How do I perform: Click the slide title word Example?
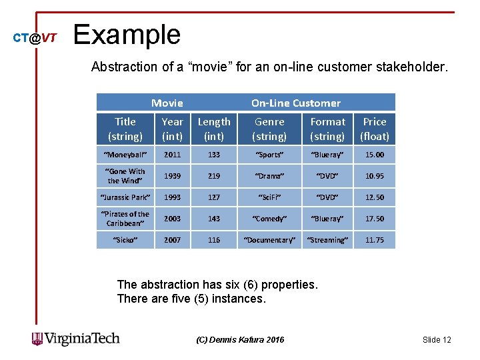tap(127, 35)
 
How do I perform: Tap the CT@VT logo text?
tap(35, 38)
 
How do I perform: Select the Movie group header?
tap(167, 103)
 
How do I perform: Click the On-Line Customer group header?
tap(295, 103)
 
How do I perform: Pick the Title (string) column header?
tap(125, 129)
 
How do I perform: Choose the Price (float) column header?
tap(374, 129)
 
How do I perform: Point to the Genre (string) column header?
tap(269, 129)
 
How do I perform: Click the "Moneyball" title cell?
tap(125, 155)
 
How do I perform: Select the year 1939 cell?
tap(172, 176)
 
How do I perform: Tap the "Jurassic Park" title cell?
tap(125, 197)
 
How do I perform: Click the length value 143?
tap(213, 219)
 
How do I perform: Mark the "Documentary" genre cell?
tap(269, 240)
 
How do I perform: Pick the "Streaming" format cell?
tap(327, 240)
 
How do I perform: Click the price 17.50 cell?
tap(374, 219)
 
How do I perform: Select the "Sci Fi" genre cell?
tap(269, 197)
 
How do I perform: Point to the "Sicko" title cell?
tap(125, 240)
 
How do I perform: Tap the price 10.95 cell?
tap(374, 176)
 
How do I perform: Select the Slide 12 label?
tap(437, 340)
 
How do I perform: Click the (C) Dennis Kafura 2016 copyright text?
tap(240, 340)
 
